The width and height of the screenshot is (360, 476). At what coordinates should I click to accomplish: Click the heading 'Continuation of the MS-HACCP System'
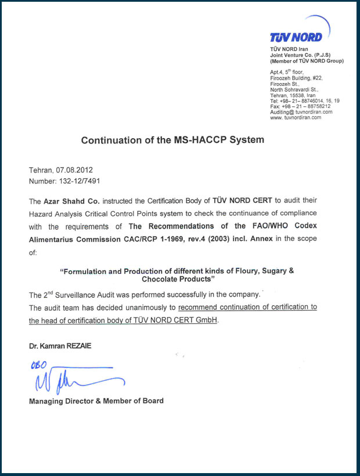172,140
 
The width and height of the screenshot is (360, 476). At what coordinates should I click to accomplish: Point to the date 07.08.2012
75,170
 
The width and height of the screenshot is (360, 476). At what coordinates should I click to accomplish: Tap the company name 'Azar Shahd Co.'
69,201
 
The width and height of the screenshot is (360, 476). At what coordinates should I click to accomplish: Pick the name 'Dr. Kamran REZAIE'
60,347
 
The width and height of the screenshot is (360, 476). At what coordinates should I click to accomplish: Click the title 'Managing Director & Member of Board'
96,401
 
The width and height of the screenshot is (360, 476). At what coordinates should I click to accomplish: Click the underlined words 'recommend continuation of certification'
247,307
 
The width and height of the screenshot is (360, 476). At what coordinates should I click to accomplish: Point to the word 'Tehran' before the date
41,170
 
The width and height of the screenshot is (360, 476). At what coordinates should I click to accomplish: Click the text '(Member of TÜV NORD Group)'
307,61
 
